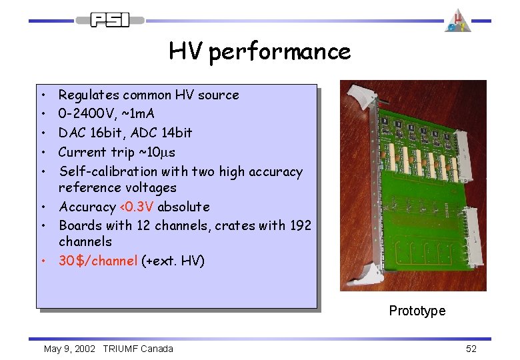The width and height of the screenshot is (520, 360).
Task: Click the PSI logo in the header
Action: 110,20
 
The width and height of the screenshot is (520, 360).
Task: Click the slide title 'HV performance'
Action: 259,51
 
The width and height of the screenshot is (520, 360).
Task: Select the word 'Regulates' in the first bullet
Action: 86,95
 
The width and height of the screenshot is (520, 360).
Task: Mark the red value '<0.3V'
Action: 136,207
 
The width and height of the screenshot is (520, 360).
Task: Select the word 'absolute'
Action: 183,207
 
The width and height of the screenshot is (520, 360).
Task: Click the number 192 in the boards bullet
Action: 300,225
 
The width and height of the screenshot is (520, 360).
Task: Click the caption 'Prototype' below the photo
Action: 417,311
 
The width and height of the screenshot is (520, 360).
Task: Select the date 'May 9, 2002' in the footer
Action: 69,349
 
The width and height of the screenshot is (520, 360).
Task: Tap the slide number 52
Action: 471,349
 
